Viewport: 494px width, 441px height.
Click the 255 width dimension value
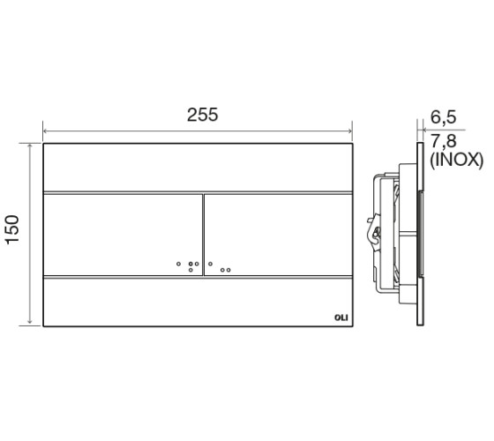(202, 115)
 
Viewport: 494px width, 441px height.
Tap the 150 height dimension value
(13, 229)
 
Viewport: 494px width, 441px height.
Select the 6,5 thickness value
(443, 117)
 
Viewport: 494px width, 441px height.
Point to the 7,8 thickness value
(443, 141)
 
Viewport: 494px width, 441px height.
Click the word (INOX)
(456, 161)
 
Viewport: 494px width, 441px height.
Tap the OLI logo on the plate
(341, 318)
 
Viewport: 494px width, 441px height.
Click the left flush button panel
(123, 235)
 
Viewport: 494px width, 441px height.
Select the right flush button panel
(278, 235)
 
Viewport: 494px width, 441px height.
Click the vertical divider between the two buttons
(203, 235)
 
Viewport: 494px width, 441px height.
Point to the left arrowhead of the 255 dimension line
(46, 131)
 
